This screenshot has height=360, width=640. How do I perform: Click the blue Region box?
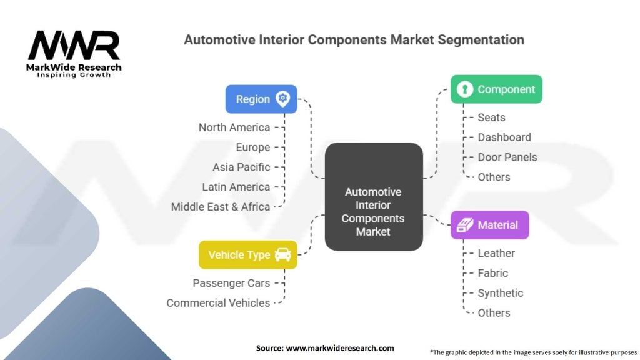pos(261,99)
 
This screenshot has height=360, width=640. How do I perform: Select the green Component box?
pos(496,89)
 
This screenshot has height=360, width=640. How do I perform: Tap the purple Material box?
pos(490,225)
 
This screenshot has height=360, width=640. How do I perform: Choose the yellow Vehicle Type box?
pos(248,255)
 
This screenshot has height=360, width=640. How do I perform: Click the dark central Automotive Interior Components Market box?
pos(374,197)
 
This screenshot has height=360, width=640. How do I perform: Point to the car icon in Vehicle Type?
pos(283,255)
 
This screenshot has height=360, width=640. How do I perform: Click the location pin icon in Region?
pos(283,99)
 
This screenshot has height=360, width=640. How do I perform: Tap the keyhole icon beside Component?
pos(465,89)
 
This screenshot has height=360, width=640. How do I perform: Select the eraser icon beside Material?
pos(465,225)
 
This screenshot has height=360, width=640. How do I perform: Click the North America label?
pos(234,127)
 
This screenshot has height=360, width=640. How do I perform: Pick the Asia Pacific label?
pos(241,167)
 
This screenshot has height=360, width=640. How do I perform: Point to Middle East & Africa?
pos(221,207)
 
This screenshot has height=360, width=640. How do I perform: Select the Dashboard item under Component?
pos(504,137)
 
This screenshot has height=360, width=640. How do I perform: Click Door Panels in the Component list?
pos(507,157)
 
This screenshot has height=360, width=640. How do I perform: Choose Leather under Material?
pos(496,253)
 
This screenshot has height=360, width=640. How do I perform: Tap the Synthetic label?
pos(501,293)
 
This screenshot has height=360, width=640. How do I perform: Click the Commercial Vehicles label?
pos(218,303)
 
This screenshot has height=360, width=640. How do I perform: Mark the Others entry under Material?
pos(494,313)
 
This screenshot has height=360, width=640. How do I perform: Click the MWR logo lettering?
pos(74,45)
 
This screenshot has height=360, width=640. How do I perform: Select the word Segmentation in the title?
pos(481,40)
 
